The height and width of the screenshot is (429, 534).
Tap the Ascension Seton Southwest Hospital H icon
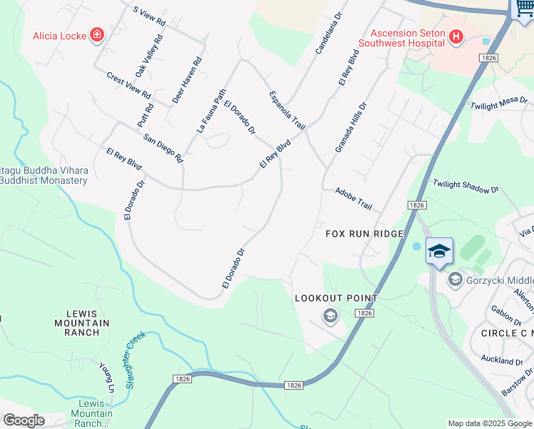point(455,36)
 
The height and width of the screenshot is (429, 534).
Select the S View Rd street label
point(149,16)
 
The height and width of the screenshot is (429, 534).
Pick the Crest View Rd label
point(129,85)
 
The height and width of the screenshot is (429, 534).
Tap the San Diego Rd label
point(163,148)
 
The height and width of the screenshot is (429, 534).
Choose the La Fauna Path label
point(211,112)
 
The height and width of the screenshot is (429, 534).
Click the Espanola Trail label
point(287,110)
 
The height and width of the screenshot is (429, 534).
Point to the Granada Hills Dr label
point(351,127)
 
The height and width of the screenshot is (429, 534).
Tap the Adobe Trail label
point(354,199)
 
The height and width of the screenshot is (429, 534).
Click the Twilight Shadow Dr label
point(465,187)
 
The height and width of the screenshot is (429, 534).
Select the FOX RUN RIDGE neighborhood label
point(365,234)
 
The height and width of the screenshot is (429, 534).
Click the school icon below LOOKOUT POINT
point(330,315)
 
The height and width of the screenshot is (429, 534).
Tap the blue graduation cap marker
point(439,251)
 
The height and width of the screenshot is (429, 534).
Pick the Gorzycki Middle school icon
point(455,280)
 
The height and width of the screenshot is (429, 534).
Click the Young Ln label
point(107,378)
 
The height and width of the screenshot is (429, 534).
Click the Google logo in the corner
point(23,420)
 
